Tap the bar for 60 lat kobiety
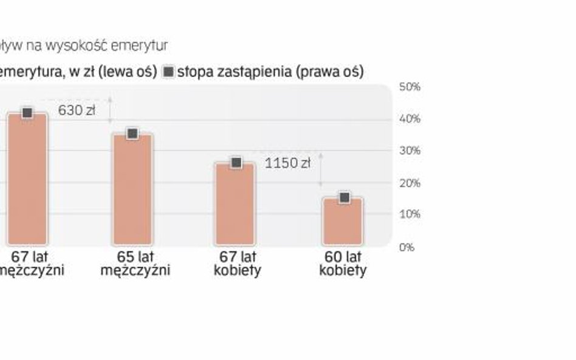tap(343, 221)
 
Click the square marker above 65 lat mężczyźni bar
tap(132, 134)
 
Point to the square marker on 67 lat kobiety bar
tap(236, 162)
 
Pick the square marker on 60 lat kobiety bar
tap(344, 197)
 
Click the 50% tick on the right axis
tap(410, 87)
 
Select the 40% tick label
tap(410, 119)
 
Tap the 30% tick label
tap(410, 151)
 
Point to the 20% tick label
tap(410, 183)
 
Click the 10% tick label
tap(410, 214)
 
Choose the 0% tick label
tap(406, 247)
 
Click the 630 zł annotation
tap(77, 110)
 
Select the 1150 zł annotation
tap(287, 163)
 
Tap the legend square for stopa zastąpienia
tap(168, 72)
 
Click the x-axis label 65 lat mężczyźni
tap(135, 263)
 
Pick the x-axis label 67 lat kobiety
tap(237, 263)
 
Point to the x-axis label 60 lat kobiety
tap(343, 263)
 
